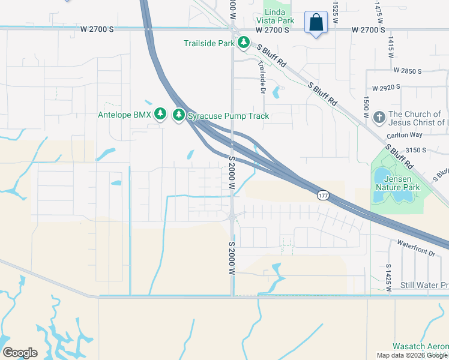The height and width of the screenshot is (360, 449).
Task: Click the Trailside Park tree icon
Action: (243, 43)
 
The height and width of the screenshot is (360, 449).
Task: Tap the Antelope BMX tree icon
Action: (160, 114)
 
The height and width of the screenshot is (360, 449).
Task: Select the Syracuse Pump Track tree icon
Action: (178, 115)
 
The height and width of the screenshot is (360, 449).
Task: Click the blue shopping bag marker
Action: (316, 23)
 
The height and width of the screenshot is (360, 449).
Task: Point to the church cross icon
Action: (379, 117)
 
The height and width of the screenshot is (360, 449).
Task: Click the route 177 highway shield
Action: (323, 196)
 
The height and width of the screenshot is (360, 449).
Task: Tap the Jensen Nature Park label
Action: (396, 182)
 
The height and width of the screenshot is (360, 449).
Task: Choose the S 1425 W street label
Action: (389, 277)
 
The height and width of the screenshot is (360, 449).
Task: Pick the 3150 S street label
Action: (415, 149)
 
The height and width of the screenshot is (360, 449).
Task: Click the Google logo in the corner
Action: (20, 353)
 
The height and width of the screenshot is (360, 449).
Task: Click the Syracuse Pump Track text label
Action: (228, 116)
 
